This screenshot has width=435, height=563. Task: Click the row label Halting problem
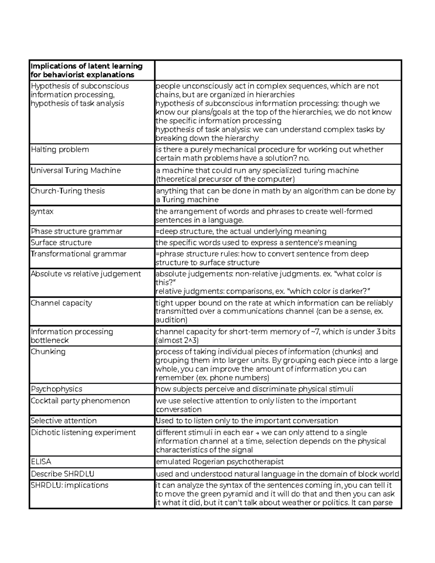pyautogui.click(x=60, y=150)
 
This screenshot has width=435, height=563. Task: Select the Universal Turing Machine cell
pyautogui.click(x=76, y=170)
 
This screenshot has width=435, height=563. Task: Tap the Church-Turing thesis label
pyautogui.click(x=68, y=191)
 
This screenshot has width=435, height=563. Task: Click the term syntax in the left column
pyautogui.click(x=42, y=211)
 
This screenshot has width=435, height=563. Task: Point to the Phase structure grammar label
pyautogui.click(x=76, y=231)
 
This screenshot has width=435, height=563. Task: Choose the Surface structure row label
pyautogui.click(x=61, y=243)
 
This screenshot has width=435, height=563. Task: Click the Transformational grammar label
pyautogui.click(x=79, y=254)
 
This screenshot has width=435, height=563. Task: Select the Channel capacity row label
pyautogui.click(x=61, y=303)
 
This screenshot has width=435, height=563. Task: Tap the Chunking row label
pyautogui.click(x=48, y=352)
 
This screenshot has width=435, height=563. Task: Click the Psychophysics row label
pyautogui.click(x=57, y=389)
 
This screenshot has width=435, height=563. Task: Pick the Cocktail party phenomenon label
pyautogui.click(x=80, y=401)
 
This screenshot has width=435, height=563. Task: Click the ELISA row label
pyautogui.click(x=41, y=462)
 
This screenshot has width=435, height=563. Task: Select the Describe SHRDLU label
pyautogui.click(x=63, y=474)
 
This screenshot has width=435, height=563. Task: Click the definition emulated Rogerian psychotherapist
pyautogui.click(x=220, y=462)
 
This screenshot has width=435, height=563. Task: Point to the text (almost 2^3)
pyautogui.click(x=177, y=340)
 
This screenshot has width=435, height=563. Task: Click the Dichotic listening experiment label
pyautogui.click(x=83, y=432)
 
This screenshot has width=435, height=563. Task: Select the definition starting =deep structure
pyautogui.click(x=241, y=231)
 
